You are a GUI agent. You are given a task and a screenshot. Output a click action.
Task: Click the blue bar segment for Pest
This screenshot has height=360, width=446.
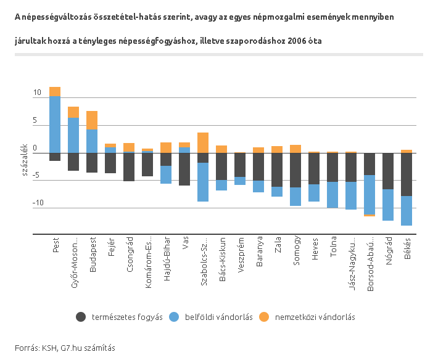[x=55, y=124]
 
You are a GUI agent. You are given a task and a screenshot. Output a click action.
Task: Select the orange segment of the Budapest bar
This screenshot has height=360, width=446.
[x=92, y=120]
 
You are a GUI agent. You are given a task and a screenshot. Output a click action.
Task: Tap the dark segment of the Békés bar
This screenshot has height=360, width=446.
[x=407, y=174]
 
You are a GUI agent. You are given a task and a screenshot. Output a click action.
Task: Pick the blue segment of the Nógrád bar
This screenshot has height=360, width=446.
[x=388, y=205]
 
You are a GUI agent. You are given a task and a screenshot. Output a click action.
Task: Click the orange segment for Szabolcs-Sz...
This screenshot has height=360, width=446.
[x=203, y=142]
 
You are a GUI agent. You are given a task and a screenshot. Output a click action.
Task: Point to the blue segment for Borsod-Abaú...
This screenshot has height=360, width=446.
[x=370, y=194]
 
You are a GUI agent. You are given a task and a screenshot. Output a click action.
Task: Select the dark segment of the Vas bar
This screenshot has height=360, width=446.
[x=184, y=169]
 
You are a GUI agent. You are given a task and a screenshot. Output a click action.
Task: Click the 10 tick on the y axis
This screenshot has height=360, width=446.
[x=37, y=93]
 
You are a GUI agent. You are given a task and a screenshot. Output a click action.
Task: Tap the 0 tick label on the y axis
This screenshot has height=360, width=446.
[x=35, y=148]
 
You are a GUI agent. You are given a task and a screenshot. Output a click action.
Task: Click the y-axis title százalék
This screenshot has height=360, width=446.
[x=25, y=158]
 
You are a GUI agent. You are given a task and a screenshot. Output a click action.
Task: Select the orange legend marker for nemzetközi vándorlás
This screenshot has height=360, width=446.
[x=264, y=317]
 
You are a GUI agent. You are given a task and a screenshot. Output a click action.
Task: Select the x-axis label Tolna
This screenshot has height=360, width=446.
[x=333, y=245]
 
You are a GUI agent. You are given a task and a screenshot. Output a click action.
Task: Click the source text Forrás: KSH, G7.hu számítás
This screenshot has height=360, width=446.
[x=65, y=348]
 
